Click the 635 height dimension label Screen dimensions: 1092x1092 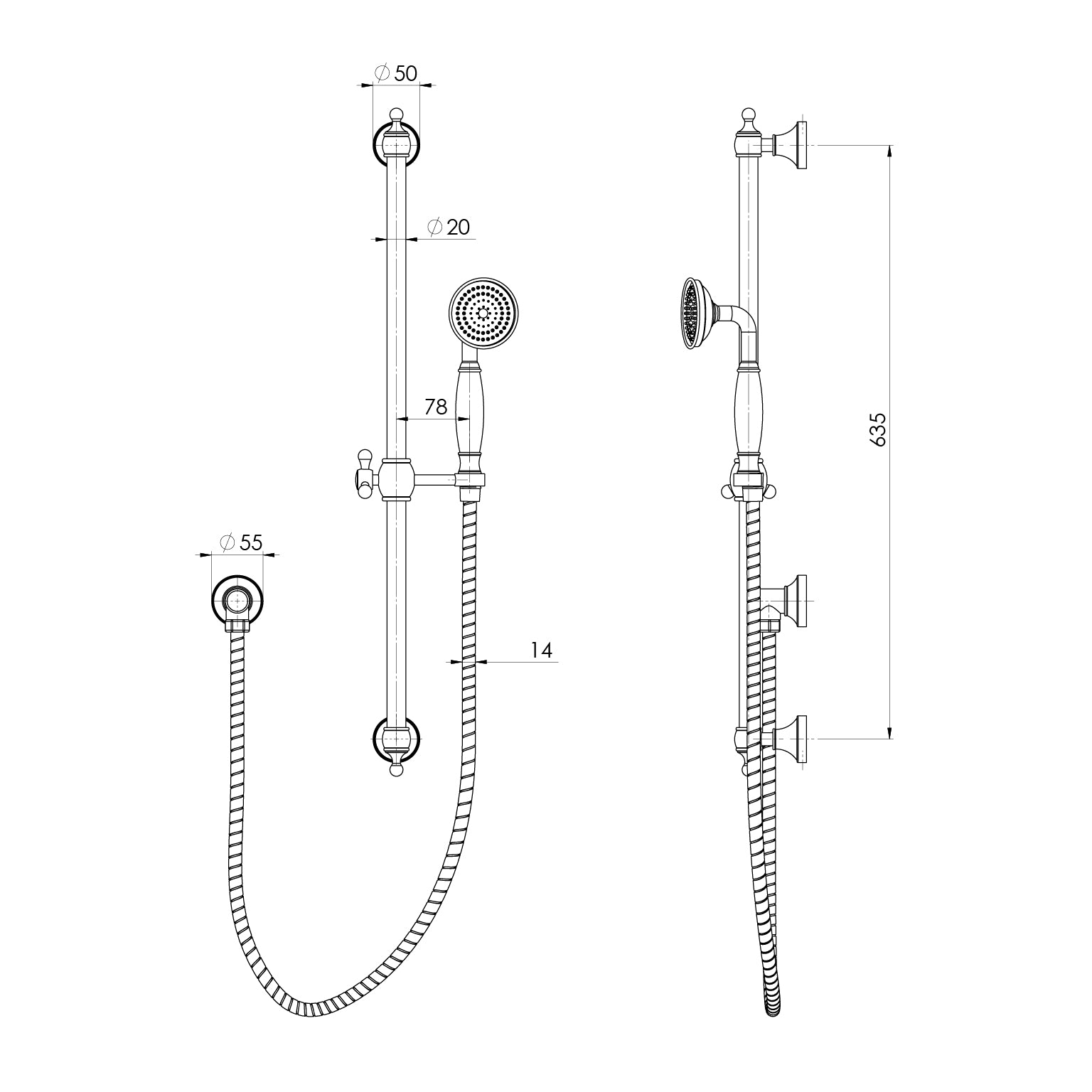879,429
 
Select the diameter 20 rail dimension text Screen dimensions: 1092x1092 449,227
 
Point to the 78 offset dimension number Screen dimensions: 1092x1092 435,407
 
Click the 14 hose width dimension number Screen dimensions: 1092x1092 541,650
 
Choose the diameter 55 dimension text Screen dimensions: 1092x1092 241,542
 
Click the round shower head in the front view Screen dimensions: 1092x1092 483,314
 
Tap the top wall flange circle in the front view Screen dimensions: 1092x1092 396,145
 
